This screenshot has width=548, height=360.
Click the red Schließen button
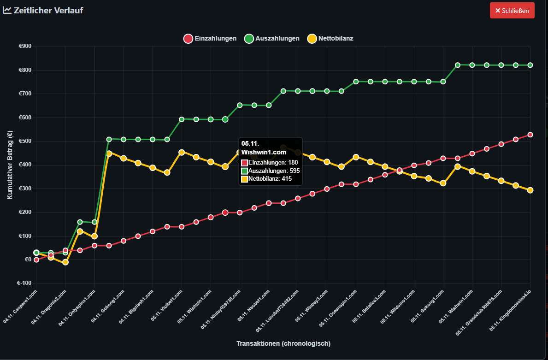click(512, 10)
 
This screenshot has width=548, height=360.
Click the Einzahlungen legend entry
click(210, 39)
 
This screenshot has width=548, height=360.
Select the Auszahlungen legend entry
click(272, 39)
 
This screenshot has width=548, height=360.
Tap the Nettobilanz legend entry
click(330, 39)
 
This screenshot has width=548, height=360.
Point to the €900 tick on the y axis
click(25, 46)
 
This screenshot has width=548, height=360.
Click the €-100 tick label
click(24, 283)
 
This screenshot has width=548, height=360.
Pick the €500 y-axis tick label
click(25, 141)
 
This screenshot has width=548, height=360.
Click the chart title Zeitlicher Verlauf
click(48, 10)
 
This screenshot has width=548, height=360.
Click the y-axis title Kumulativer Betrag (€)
click(10, 165)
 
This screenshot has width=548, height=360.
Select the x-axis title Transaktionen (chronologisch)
click(283, 343)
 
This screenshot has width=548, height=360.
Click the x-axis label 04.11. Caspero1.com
click(21, 306)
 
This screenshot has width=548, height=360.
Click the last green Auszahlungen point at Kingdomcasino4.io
click(530, 65)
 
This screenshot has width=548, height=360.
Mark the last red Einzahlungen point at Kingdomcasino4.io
click(530, 135)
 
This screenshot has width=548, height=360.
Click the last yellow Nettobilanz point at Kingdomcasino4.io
click(530, 190)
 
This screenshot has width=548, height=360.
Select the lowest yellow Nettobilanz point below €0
click(65, 262)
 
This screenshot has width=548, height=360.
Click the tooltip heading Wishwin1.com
click(264, 152)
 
